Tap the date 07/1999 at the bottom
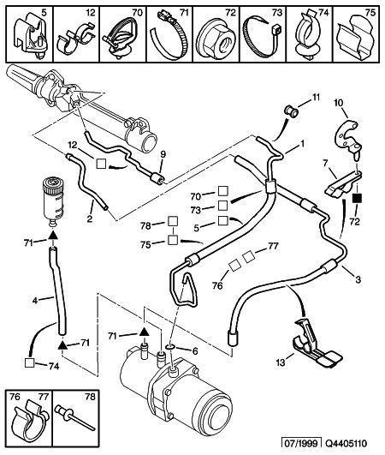302,444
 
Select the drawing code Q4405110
346,444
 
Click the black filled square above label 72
357,199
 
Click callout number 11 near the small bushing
315,98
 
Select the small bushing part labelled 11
291,111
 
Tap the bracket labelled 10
346,136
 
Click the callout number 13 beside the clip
281,362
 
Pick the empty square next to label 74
29,363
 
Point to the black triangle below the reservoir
52,235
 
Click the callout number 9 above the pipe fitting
163,154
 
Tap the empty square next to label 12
101,164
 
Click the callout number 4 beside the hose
35,301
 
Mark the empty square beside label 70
222,191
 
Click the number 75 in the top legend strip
370,13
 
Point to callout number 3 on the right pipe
358,279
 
